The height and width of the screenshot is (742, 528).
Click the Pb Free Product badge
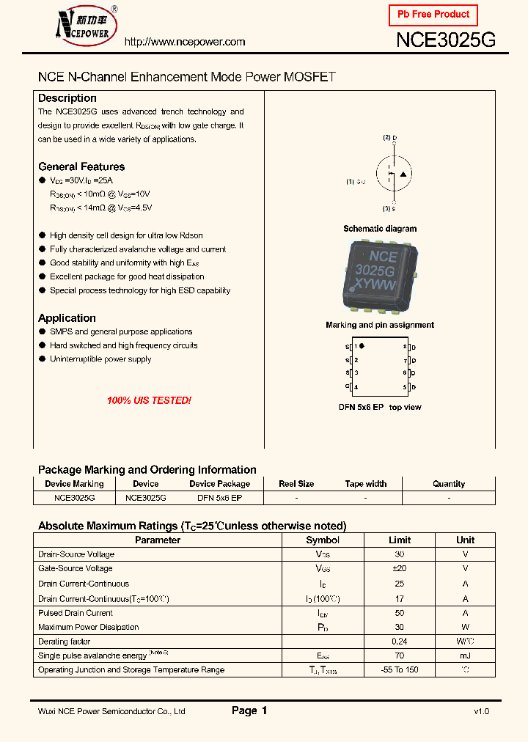coord(433,15)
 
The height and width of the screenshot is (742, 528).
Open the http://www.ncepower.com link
coord(185,42)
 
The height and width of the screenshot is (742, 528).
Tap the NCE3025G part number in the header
coord(446,40)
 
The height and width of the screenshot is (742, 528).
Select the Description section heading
coord(67,98)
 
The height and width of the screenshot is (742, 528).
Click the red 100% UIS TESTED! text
coord(149,400)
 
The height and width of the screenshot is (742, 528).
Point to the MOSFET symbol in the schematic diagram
coord(392,173)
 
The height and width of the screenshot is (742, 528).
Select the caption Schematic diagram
coord(380,229)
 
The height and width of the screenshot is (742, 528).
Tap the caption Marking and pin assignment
coord(380,325)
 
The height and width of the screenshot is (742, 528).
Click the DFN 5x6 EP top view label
coord(380,407)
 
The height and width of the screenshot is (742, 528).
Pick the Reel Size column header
coord(296,484)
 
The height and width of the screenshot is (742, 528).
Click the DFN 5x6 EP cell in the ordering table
coord(220,497)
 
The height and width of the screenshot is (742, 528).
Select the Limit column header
coord(400,540)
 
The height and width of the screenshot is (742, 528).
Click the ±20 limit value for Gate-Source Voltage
coord(400,568)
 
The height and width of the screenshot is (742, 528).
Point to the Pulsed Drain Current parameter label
coord(76,613)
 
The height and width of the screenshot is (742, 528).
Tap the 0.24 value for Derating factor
coord(400,642)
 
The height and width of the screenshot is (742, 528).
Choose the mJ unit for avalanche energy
coord(465,655)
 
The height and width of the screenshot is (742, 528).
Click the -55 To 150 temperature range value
coord(400,670)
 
